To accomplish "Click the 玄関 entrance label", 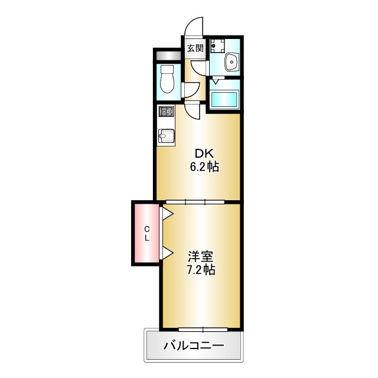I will [195, 48].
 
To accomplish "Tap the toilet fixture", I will [167, 80].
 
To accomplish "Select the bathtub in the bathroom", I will [224, 99].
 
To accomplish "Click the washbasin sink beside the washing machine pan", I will [230, 61].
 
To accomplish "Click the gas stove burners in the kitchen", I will [166, 111].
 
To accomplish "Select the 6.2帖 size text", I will [204, 167].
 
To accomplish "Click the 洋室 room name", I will [201, 257].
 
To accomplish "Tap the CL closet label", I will [148, 233].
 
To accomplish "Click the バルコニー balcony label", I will [193, 346].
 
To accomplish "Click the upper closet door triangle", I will [167, 214].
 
